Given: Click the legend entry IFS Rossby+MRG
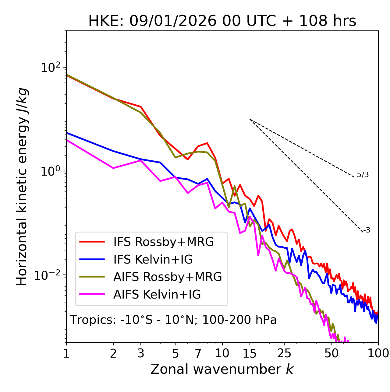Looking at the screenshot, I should tap(163, 242).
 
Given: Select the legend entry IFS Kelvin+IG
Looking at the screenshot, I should tap(153, 260).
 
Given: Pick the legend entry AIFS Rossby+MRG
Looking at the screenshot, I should tap(168, 277).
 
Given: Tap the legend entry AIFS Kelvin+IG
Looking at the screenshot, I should tap(157, 295).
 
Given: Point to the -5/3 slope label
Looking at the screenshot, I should tap(362, 175).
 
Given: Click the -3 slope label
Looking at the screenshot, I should tap(367, 230).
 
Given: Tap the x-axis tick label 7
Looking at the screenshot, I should tap(198, 353).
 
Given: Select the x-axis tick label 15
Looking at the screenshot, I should tap(250, 353).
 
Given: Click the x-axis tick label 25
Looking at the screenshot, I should tap(284, 353).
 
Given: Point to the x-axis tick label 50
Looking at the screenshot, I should tap(331, 353).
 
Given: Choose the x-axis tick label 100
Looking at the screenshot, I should tap(378, 353).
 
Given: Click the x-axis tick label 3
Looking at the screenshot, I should tap(141, 353).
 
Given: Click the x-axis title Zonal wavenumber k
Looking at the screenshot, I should tap(222, 369).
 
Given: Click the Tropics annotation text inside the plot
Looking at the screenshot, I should tap(173, 320).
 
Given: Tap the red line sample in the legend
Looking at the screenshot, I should tap(92, 242).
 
